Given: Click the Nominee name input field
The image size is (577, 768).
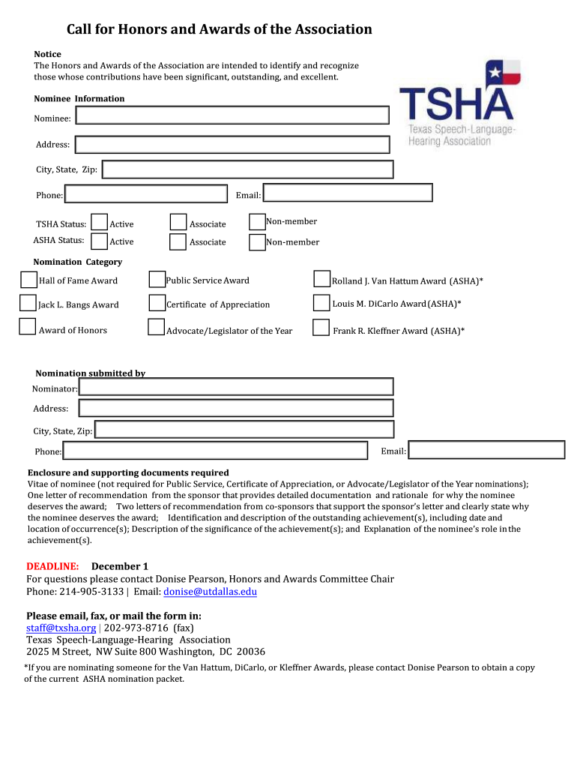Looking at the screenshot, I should [x=233, y=115].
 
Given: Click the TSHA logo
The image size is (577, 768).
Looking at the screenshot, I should [x=456, y=102].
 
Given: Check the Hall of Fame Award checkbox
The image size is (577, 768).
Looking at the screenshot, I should [x=28, y=280].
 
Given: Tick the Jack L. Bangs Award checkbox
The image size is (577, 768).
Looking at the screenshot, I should [x=28, y=304].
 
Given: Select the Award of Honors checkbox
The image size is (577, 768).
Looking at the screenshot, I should [x=28, y=326].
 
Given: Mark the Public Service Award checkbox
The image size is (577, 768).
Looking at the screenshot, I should [x=157, y=280].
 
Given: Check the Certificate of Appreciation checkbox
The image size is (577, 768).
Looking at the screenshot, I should [x=157, y=303].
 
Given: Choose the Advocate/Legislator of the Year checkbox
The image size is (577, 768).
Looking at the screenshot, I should [x=157, y=327].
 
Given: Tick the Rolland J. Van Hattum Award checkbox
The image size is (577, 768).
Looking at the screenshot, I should [x=321, y=279].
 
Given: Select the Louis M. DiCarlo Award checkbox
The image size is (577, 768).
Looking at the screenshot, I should [x=321, y=302].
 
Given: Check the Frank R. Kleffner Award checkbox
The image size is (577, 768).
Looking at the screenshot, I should [x=321, y=328].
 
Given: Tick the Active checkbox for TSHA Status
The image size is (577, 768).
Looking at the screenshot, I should [x=99, y=222].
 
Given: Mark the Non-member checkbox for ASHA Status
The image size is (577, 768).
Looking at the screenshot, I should [x=257, y=242].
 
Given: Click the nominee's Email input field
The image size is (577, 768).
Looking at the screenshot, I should [x=348, y=193].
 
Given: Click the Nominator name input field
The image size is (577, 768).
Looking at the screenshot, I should [x=236, y=386].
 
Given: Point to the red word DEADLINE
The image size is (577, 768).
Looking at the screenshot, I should [x=52, y=566].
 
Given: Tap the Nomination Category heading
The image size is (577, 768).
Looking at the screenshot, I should [x=77, y=262].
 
